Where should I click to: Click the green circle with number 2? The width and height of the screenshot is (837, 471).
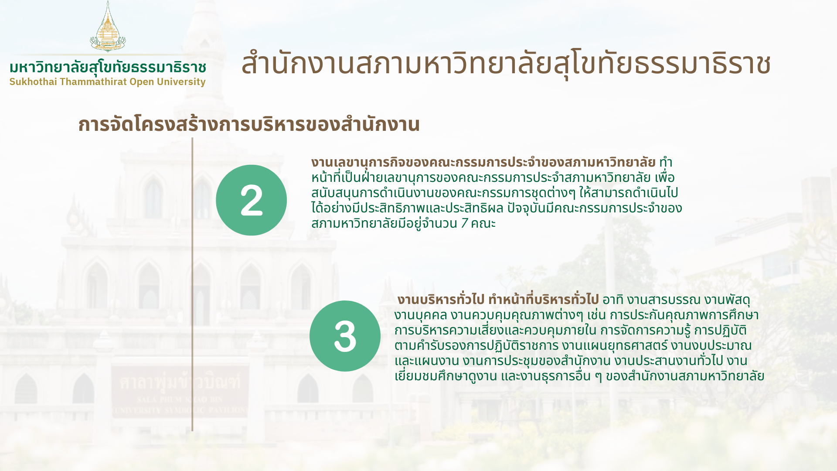(x=251, y=200)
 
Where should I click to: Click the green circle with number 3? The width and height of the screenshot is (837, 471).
(x=345, y=336)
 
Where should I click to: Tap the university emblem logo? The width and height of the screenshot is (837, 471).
(x=108, y=26)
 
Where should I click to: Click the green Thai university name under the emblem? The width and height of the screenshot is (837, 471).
(x=108, y=68)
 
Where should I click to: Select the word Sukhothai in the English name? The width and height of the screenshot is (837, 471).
(x=33, y=82)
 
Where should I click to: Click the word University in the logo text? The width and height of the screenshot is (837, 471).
(x=181, y=82)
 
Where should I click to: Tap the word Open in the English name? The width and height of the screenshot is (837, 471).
(x=142, y=82)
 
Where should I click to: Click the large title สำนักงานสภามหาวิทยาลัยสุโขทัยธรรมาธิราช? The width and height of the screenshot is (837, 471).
(x=506, y=64)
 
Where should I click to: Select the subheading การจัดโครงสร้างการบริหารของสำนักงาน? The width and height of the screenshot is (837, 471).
(x=249, y=124)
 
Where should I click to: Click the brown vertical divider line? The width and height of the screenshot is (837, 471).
(x=192, y=284)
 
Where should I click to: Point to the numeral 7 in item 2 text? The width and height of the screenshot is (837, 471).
(x=464, y=223)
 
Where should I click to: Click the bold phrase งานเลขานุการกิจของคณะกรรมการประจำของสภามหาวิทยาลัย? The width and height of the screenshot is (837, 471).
(x=483, y=162)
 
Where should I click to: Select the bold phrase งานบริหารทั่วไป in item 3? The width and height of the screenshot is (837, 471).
(x=441, y=300)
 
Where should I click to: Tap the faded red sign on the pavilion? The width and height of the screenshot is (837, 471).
(x=180, y=392)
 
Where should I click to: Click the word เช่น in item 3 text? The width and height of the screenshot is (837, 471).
(x=596, y=315)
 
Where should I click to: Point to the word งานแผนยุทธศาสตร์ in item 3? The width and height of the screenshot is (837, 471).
(x=615, y=345)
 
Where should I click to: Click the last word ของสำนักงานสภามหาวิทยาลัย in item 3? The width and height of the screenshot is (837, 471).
(x=685, y=376)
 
